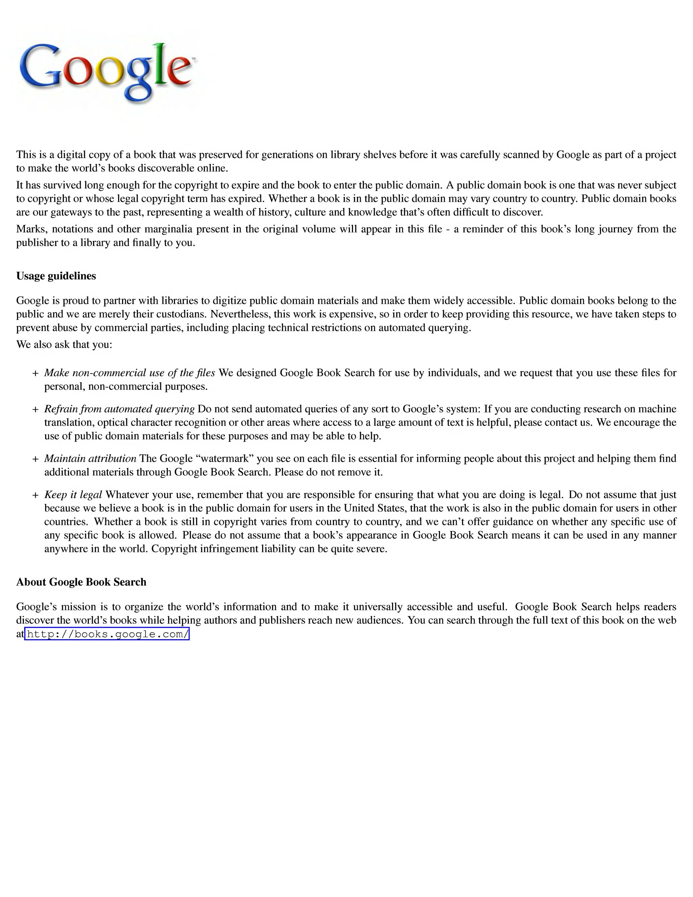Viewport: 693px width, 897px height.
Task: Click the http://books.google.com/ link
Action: tap(107, 634)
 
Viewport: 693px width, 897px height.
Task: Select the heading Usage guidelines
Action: tap(56, 276)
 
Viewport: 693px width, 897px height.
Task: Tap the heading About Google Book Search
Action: tap(81, 582)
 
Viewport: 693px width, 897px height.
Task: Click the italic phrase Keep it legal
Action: tap(73, 495)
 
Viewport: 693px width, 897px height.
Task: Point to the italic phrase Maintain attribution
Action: tap(90, 458)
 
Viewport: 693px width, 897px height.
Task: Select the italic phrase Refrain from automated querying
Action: tap(119, 409)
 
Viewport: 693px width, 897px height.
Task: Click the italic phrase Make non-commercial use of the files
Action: tap(130, 373)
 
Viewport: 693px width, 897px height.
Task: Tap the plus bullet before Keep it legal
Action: tap(35, 495)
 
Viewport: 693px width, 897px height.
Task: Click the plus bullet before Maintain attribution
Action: tap(35, 459)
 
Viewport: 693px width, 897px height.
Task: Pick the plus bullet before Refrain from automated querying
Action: tap(35, 409)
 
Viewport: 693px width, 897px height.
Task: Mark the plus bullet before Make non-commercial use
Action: tap(35, 373)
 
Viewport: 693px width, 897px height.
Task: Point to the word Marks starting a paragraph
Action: tap(30, 229)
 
